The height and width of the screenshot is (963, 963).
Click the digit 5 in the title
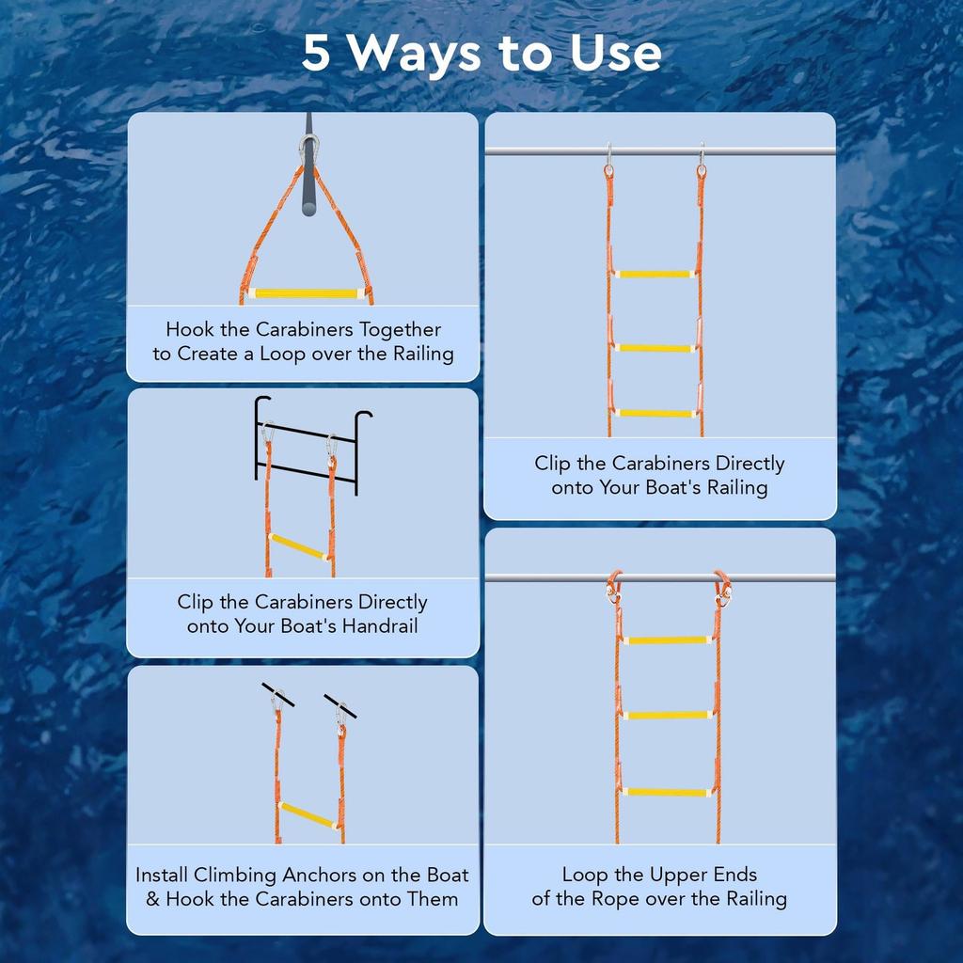tap(317, 55)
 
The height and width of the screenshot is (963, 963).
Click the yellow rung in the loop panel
tap(306, 293)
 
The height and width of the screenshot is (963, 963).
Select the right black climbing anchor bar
tap(339, 705)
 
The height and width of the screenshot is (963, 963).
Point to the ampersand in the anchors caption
tap(153, 899)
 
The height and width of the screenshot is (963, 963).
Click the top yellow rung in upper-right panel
tap(655, 274)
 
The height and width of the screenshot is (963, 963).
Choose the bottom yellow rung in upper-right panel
tap(655, 412)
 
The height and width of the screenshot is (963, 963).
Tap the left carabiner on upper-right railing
tap(608, 160)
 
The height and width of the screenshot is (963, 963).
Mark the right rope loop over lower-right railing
tap(721, 588)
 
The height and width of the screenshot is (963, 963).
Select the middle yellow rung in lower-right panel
tap(668, 716)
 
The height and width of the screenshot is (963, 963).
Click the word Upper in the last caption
tap(673, 876)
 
